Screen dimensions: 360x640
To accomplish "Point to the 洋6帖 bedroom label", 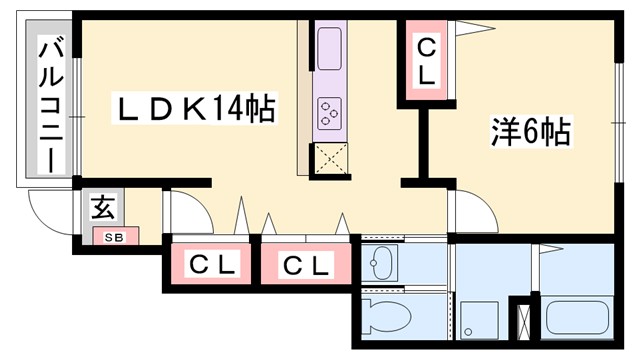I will pyautogui.click(x=530, y=131).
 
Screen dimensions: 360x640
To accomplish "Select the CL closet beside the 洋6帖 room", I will pyautogui.click(x=425, y=61).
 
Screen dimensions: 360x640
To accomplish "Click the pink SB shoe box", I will pyautogui.click(x=115, y=237).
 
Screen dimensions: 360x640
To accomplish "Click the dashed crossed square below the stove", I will pyautogui.click(x=331, y=158).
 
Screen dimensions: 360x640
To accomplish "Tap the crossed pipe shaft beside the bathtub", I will pyautogui.click(x=523, y=319).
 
